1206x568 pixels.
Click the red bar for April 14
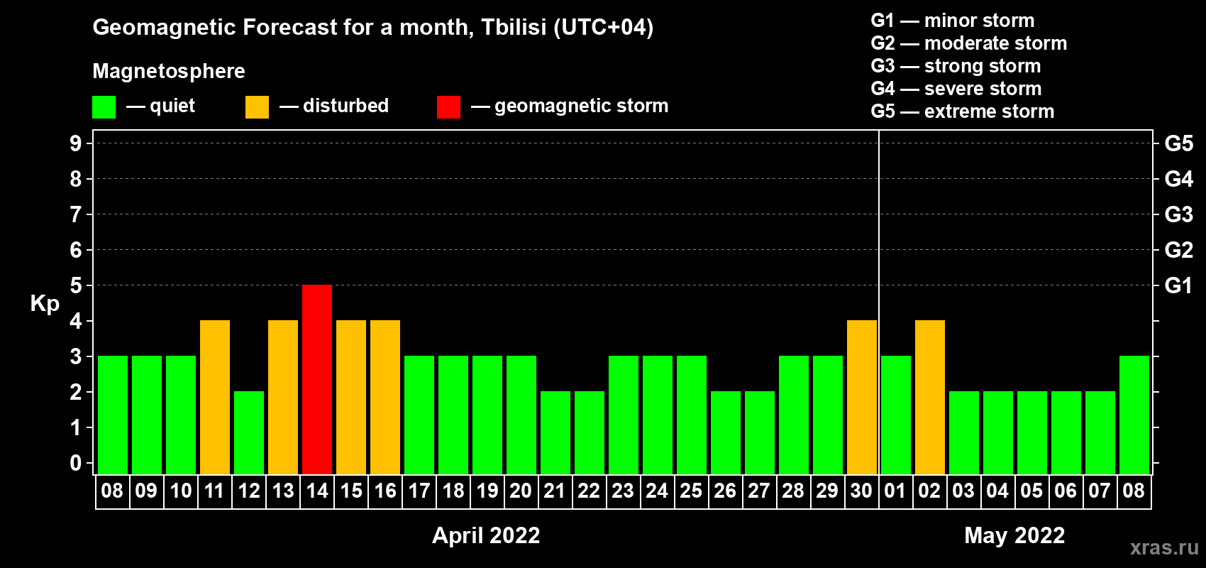tap(317, 379)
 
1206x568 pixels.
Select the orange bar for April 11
tap(215, 397)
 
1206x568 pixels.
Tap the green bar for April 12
tap(249, 432)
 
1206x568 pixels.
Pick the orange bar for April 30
tap(862, 397)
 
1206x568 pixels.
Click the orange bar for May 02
tap(930, 397)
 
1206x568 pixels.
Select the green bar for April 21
tap(555, 432)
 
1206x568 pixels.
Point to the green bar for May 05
tap(1032, 432)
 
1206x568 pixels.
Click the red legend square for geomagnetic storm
tap(449, 106)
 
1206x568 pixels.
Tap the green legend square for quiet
tap(104, 106)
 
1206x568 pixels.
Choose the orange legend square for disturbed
tap(257, 106)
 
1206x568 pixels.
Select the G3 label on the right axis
tap(1179, 214)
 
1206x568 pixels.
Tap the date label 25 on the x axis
tap(691, 491)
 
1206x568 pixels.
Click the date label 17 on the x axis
tap(419, 491)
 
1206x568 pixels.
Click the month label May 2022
tap(1014, 535)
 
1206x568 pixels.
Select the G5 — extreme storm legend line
tap(963, 111)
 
